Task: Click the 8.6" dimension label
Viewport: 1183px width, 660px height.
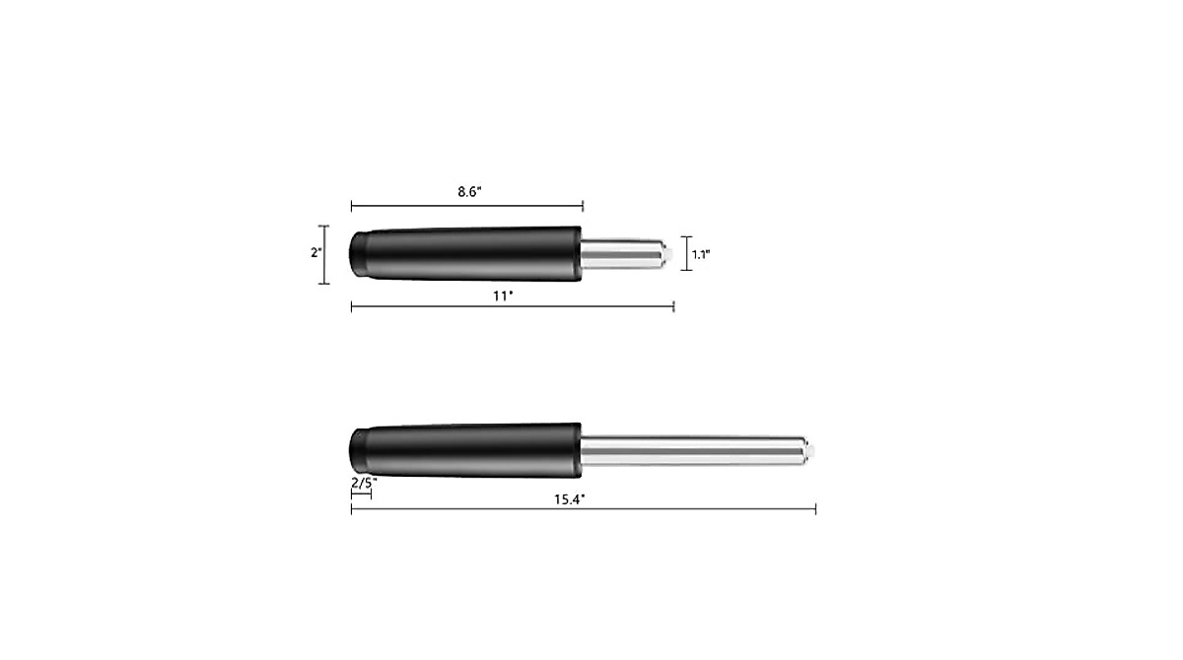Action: coord(467,192)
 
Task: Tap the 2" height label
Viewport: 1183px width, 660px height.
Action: coord(315,252)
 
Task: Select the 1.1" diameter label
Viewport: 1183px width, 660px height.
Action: coord(701,254)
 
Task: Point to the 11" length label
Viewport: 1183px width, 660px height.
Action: coord(504,295)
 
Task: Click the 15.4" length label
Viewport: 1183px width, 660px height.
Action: coord(569,498)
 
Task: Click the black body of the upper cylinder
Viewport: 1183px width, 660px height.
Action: coord(473,252)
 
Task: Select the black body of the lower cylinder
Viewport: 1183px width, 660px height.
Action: coord(473,450)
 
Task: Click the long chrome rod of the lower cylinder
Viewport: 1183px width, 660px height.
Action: coord(690,450)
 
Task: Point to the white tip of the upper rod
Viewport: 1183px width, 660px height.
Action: coord(669,253)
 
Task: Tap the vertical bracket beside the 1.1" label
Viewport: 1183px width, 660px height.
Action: coord(686,253)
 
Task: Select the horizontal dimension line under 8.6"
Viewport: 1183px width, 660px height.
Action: coord(467,206)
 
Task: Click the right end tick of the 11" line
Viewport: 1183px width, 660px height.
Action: coord(673,307)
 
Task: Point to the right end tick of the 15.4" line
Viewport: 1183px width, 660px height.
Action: coord(815,508)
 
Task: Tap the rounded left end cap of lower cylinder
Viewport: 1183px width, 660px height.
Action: coord(358,450)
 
